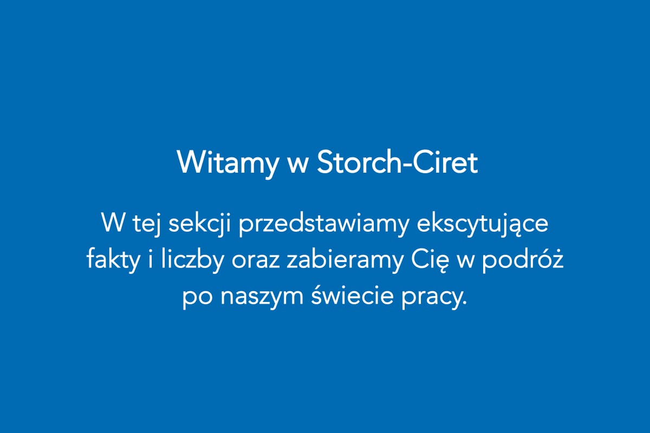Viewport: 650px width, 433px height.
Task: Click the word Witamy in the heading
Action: click(227, 163)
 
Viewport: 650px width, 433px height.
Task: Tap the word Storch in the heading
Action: click(360, 162)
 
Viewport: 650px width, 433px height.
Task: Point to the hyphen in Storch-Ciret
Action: click(408, 166)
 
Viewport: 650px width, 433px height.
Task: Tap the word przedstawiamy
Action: click(324, 225)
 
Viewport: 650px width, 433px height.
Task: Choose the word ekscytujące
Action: click(482, 225)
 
